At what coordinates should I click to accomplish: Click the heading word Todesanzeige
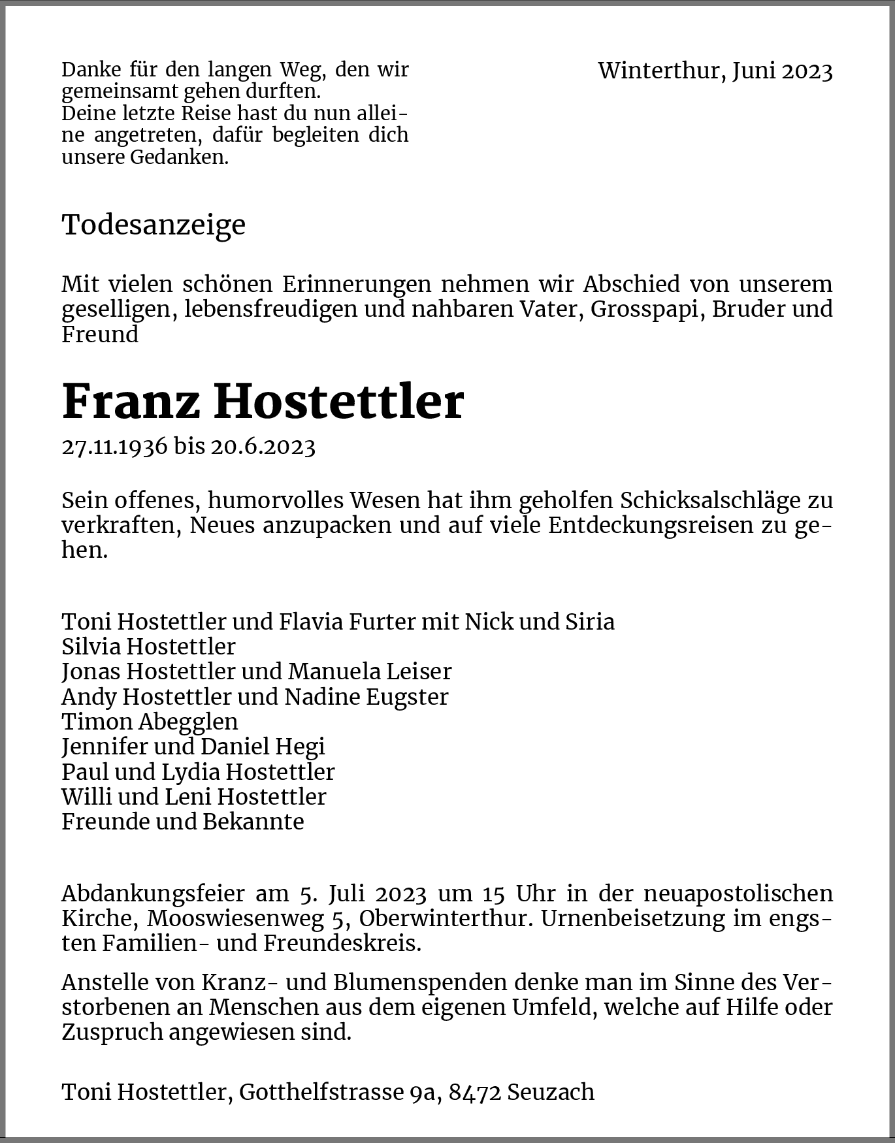[154, 225]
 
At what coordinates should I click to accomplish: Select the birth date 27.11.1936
[114, 447]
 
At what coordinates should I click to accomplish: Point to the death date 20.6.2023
[263, 447]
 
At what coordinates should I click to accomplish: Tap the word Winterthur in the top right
[659, 71]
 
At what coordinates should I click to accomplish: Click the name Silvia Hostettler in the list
[148, 647]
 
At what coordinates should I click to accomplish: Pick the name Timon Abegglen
[150, 722]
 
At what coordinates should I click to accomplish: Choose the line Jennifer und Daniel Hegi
[193, 747]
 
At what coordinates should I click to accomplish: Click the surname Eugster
[407, 697]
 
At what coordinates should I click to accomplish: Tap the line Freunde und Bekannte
[183, 822]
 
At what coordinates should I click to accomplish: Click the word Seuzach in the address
[551, 1092]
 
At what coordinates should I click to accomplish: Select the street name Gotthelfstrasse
[321, 1092]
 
